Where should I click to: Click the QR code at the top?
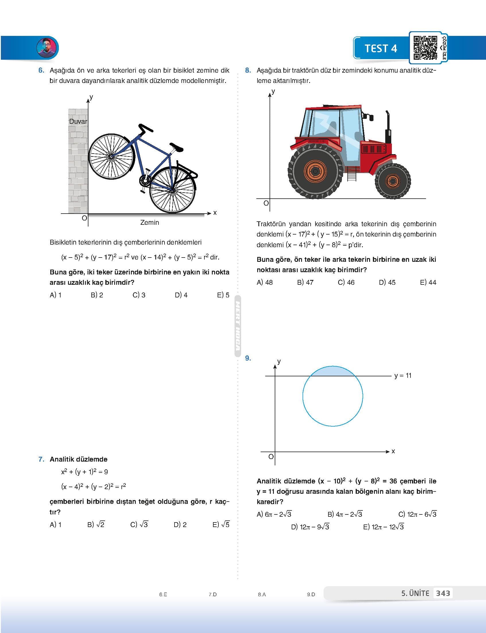[425, 48]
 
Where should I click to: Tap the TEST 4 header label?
[381, 48]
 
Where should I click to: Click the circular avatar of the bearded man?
[47, 47]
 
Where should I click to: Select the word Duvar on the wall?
[78, 121]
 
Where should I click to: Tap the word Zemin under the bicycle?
[150, 222]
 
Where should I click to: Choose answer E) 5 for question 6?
[223, 295]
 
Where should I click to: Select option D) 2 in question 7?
[180, 525]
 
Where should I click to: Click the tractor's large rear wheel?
[315, 172]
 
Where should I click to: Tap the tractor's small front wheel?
[393, 181]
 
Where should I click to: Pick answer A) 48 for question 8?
[264, 282]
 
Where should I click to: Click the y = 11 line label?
[403, 375]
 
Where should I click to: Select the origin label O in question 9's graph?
[271, 457]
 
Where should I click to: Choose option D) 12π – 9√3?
[310, 527]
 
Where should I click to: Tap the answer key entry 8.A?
[262, 594]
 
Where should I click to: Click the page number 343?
[443, 593]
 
